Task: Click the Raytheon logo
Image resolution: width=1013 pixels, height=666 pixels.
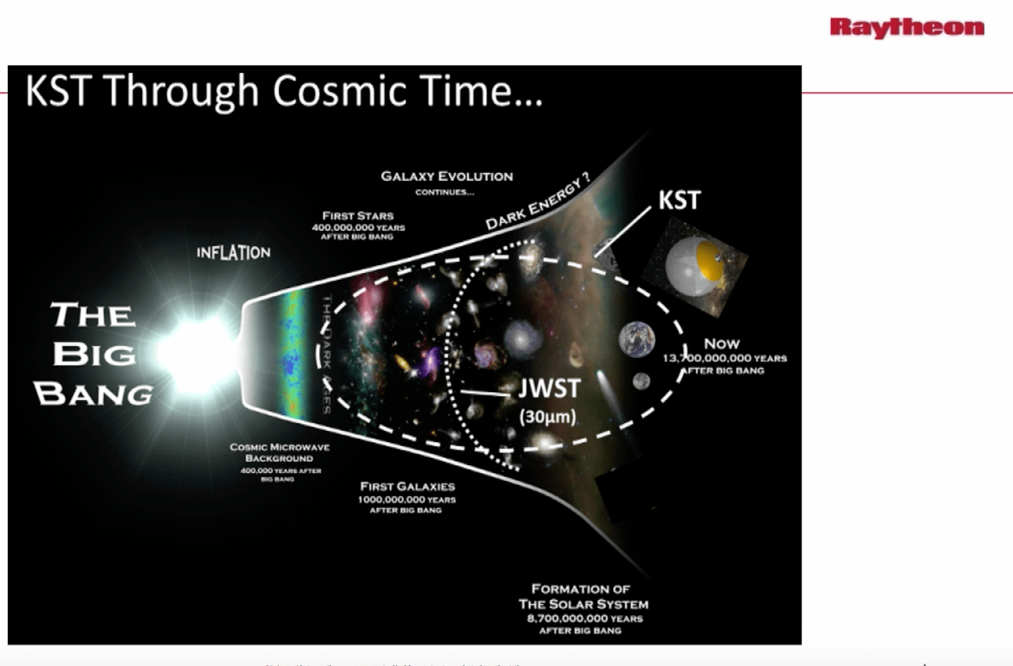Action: (x=906, y=27)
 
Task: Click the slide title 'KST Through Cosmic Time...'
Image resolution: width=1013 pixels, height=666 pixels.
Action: (x=284, y=91)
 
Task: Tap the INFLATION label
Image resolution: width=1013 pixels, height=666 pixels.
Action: (x=233, y=253)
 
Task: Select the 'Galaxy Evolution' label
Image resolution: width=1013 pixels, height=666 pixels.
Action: (x=446, y=176)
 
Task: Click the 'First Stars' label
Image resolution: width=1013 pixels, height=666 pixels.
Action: (x=358, y=216)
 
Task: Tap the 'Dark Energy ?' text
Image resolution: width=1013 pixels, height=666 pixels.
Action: (x=537, y=202)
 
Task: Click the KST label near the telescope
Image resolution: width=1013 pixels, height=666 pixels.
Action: (x=679, y=200)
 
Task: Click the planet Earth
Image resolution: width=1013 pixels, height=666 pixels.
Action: (x=636, y=339)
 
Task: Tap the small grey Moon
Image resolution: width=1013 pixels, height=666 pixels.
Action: (x=641, y=381)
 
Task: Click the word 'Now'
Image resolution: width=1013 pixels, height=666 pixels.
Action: (x=721, y=344)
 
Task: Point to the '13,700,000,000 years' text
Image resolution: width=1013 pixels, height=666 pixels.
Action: (x=725, y=358)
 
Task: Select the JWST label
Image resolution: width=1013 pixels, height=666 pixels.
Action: (x=549, y=389)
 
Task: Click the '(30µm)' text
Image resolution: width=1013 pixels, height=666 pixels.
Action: (x=548, y=417)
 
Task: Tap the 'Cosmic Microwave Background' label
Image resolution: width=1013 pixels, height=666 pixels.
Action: (x=279, y=452)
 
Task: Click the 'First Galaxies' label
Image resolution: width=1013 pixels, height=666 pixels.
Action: (x=407, y=487)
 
